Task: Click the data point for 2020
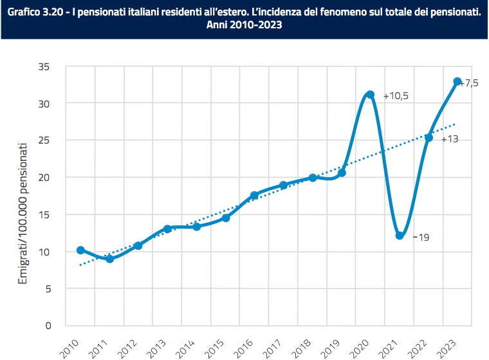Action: (x=370, y=95)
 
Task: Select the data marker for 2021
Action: (x=400, y=236)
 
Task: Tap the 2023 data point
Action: (x=457, y=82)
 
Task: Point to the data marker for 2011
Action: (x=110, y=259)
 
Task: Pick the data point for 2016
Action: (x=254, y=195)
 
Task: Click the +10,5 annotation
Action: (x=396, y=96)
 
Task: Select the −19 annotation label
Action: (x=420, y=237)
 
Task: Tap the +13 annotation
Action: (x=449, y=138)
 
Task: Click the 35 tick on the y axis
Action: (x=44, y=66)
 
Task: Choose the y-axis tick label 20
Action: (x=44, y=177)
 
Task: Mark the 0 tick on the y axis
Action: (x=48, y=326)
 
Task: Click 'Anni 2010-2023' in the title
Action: (x=244, y=26)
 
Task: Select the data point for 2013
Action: (x=168, y=229)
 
